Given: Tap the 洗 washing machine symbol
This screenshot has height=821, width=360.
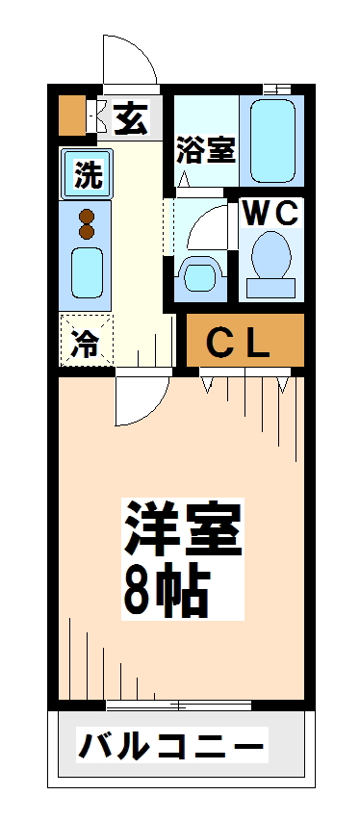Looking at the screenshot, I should [x=88, y=175].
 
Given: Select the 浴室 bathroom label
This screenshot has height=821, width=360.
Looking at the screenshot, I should [x=205, y=150].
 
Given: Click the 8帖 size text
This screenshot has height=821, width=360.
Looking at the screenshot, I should [x=165, y=589].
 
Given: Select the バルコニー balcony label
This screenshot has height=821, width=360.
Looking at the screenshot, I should [x=171, y=745].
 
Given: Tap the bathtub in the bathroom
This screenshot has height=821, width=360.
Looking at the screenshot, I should [x=277, y=137].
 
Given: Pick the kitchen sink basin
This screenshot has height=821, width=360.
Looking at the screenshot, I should [x=87, y=272].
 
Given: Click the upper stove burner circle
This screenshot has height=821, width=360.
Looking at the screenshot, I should [x=87, y=217].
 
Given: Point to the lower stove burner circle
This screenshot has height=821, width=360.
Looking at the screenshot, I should [x=87, y=232].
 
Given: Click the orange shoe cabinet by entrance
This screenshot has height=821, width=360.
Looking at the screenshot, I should [x=71, y=116].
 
